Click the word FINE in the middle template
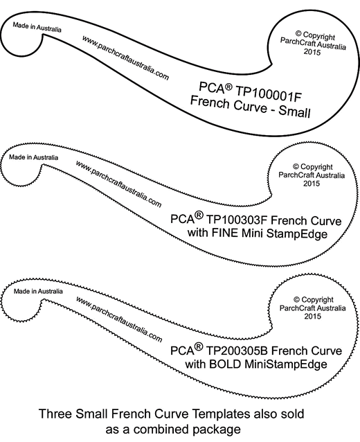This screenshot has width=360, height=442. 226,233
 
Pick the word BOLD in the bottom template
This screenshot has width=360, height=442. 225,364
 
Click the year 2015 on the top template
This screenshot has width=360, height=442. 312,52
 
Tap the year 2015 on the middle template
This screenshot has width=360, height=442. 312,184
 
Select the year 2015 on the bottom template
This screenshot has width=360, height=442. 312,316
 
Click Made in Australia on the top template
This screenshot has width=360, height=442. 37,27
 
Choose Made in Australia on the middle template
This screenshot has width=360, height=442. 33,157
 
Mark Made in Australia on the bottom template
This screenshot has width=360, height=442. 38,291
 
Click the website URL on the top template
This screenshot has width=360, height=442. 125,58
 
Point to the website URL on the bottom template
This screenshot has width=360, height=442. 119,319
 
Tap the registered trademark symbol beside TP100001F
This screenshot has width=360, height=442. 228,87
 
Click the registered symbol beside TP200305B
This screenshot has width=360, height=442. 199,346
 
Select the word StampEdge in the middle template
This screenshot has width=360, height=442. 296,233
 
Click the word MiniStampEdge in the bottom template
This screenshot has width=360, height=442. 286,364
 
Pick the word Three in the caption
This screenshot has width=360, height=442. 55,414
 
